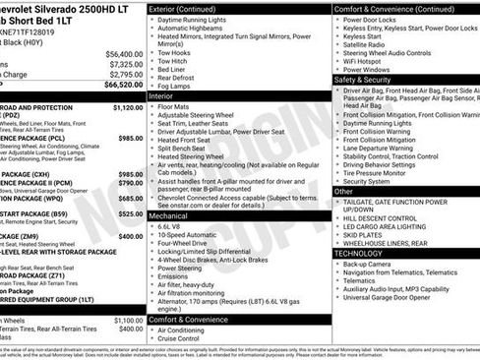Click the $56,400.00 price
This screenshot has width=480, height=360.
124,53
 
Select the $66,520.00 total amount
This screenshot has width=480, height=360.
124,85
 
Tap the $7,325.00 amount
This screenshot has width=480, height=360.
126,63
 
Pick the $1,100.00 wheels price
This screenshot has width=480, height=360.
128,320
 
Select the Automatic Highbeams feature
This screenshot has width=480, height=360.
197,29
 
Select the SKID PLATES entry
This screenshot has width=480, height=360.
364,235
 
